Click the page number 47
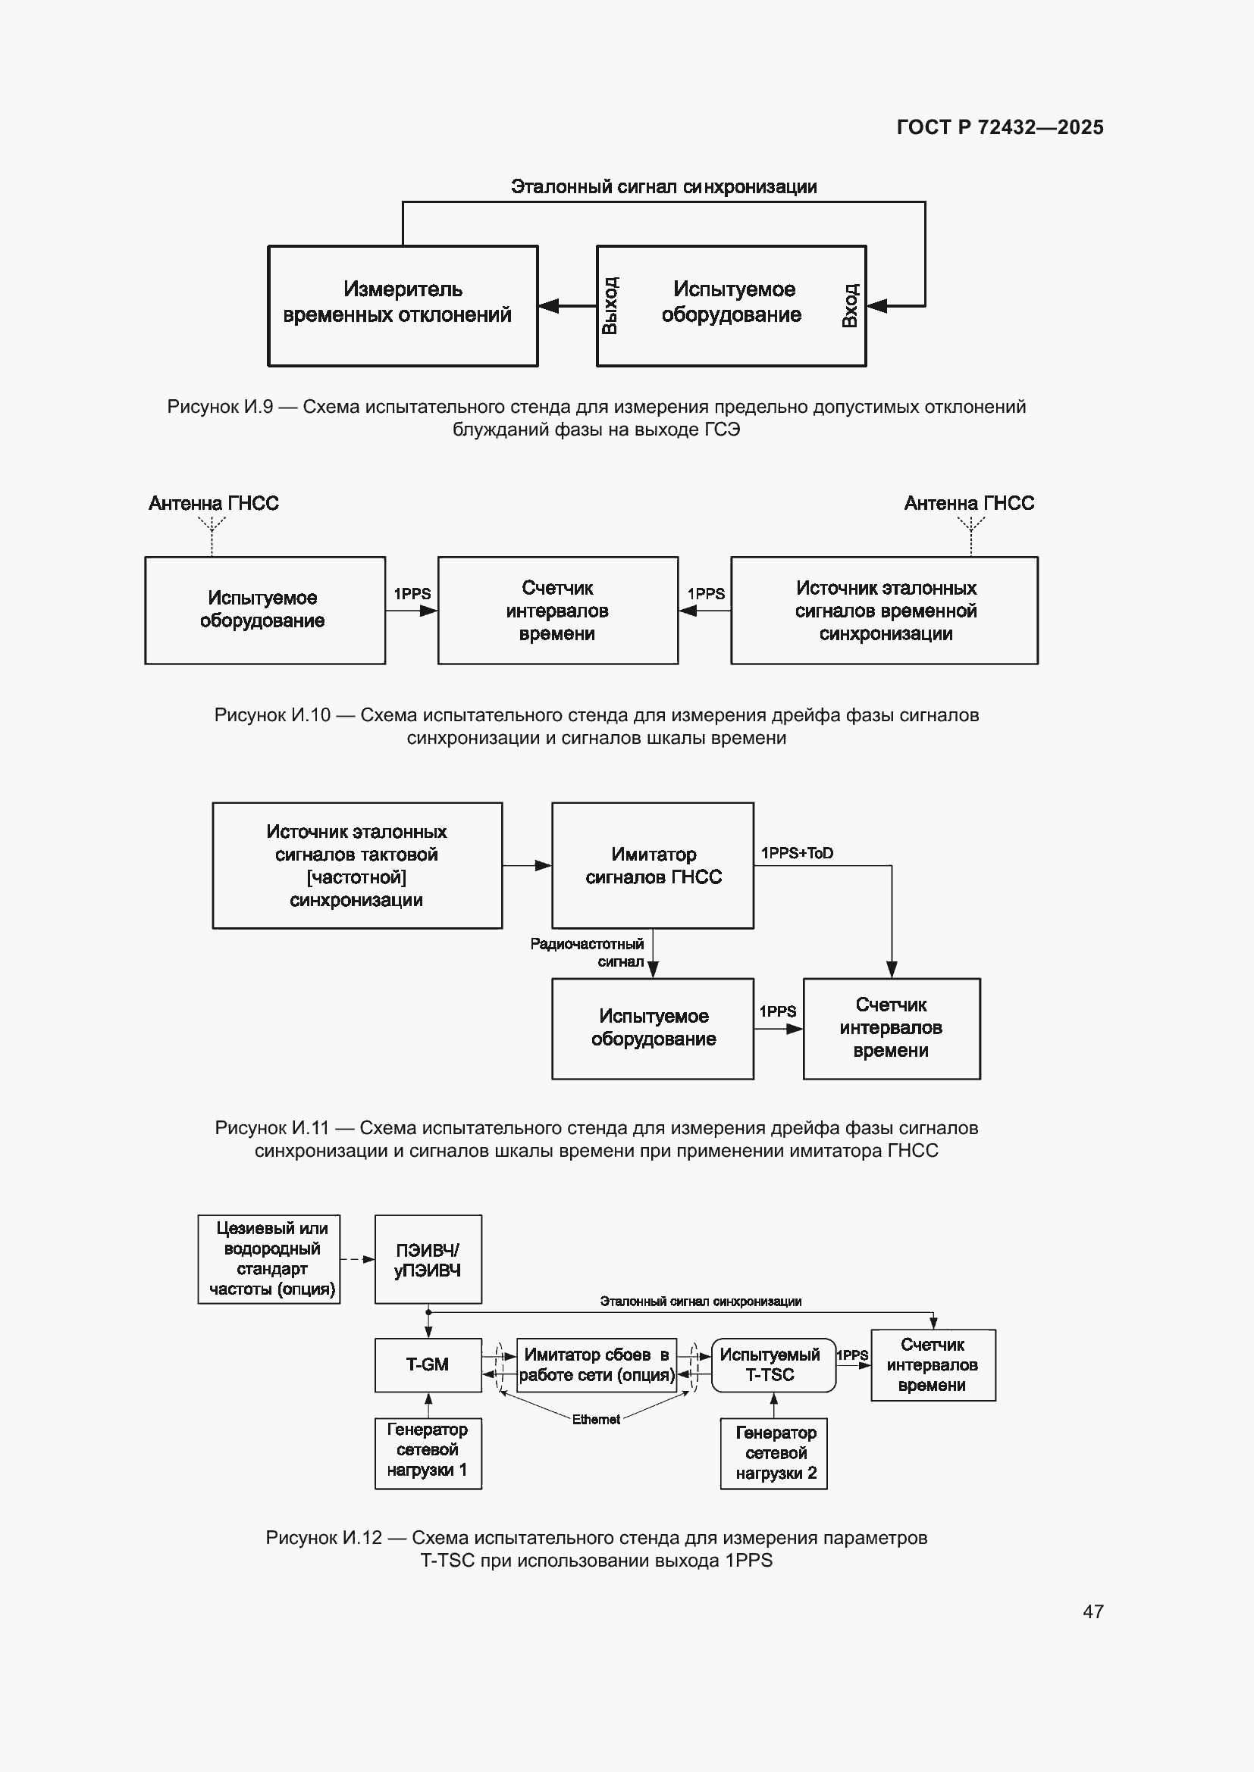click(x=1093, y=1611)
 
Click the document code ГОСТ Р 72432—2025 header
click(x=1000, y=127)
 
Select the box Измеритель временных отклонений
click(x=403, y=305)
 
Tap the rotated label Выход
click(x=610, y=305)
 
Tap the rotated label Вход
click(x=849, y=305)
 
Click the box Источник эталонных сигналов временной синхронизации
click(x=884, y=611)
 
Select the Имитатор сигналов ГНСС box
click(x=653, y=865)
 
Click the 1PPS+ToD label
click(x=797, y=853)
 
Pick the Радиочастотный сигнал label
click(x=587, y=952)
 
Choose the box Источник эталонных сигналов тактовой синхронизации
click(x=358, y=865)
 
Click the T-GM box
click(x=428, y=1365)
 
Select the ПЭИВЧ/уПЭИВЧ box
click(x=428, y=1260)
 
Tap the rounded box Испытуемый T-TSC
click(x=773, y=1365)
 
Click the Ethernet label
click(x=595, y=1419)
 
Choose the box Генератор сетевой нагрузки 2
click(x=774, y=1453)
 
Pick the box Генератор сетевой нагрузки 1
click(x=428, y=1453)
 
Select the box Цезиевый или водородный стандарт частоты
click(x=268, y=1260)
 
